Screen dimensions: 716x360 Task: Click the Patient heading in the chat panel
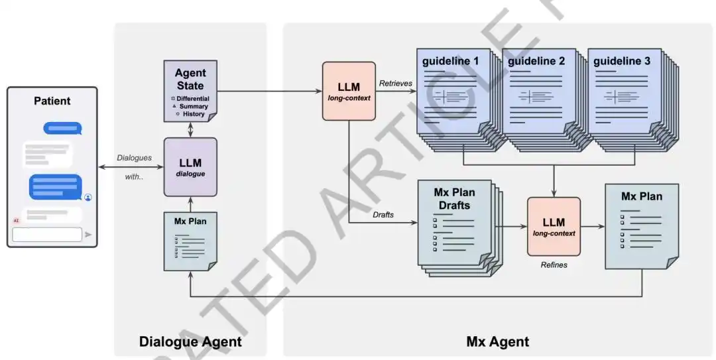[52, 101]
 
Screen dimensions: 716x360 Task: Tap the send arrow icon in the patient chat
[88, 235]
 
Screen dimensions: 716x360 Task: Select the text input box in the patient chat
[47, 235]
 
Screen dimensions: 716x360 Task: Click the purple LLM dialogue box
[190, 167]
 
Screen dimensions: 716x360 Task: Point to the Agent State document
[190, 91]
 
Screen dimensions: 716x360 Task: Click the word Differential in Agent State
[193, 99]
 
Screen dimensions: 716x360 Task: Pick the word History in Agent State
[194, 114]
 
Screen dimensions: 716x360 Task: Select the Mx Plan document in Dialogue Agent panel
[190, 241]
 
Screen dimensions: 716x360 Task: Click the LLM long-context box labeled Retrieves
[349, 91]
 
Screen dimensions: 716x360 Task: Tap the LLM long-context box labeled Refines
[554, 227]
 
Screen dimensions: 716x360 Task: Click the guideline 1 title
[450, 61]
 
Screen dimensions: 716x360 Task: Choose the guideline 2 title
[536, 61]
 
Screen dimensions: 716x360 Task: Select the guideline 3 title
[621, 61]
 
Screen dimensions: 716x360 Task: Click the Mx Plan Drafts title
[454, 199]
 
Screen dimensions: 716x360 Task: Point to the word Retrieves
[395, 84]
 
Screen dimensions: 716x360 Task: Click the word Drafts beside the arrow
[383, 215]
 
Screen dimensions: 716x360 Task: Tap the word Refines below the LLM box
[554, 265]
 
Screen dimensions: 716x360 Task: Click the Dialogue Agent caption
[190, 341]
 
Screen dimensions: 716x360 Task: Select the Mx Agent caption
[498, 341]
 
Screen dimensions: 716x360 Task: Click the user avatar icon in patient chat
[88, 198]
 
